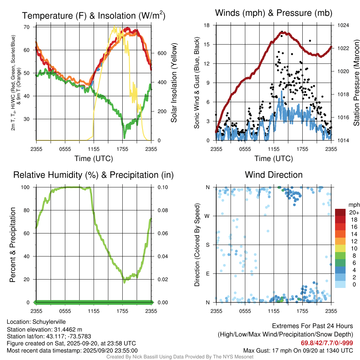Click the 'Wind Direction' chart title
[x=274, y=175]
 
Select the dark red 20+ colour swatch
[x=341, y=212]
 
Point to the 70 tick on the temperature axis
[x=27, y=27]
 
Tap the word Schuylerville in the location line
[x=49, y=322]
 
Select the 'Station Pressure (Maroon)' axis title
[x=356, y=83]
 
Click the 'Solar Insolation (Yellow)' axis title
[x=174, y=83]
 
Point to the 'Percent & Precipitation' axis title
[x=13, y=245]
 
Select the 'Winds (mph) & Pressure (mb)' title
[x=274, y=13]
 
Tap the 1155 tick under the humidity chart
[x=94, y=311]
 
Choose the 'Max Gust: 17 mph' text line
[x=298, y=351]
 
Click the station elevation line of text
[x=44, y=329]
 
